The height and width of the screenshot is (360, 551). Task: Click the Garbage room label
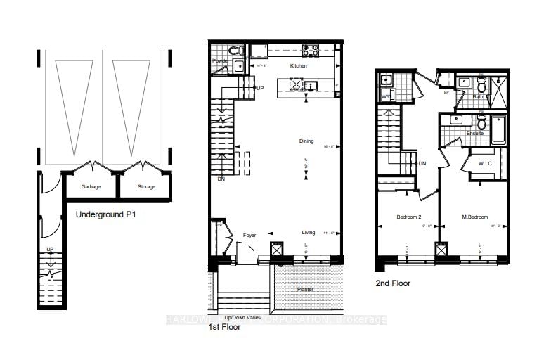[x=90, y=186]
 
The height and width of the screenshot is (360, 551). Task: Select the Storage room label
[x=147, y=186]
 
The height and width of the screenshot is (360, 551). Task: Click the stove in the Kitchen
[x=310, y=50]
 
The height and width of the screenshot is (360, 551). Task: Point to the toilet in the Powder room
[x=238, y=51]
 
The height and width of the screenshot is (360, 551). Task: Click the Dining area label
[x=306, y=141]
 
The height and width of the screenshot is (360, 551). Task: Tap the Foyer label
[x=249, y=235]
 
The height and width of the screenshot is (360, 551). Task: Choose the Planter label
[x=304, y=289]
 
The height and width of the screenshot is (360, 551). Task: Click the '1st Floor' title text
[x=224, y=327]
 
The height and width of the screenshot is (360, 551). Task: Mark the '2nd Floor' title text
[x=394, y=283]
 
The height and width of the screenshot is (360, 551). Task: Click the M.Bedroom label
[x=474, y=217]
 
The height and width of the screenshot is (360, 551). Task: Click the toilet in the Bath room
[x=481, y=86]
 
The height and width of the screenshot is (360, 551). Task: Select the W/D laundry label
[x=387, y=96]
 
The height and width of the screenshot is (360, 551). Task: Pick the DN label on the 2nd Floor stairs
[x=422, y=164]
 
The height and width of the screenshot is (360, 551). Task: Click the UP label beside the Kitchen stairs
[x=260, y=88]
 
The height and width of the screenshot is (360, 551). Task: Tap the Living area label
[x=308, y=232]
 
